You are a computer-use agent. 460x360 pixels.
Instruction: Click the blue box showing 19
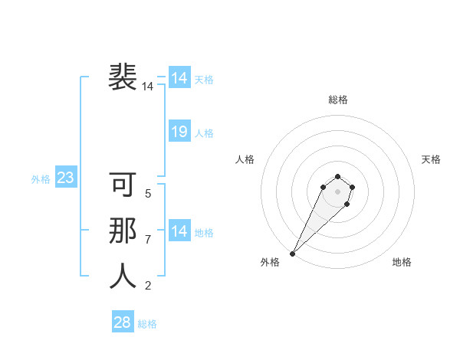tap(179, 132)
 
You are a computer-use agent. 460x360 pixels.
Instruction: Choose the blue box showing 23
tap(65, 178)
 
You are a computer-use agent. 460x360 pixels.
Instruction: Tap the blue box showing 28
tap(122, 322)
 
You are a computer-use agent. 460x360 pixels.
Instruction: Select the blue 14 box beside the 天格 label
tap(179, 78)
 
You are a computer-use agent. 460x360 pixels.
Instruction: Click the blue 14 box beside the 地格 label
tap(179, 231)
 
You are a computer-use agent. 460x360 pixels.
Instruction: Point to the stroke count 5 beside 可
tap(148, 194)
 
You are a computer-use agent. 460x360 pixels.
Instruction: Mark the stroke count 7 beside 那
tap(148, 240)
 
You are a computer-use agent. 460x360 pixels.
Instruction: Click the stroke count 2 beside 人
tap(148, 286)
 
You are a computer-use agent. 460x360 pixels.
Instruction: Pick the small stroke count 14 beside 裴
tap(147, 87)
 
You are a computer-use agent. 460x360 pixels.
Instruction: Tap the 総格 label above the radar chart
tap(338, 100)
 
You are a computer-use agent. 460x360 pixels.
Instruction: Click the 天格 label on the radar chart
tap(431, 159)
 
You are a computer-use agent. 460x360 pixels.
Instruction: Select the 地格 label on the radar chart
tap(402, 262)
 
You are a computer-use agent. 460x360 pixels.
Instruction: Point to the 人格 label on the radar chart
tap(245, 159)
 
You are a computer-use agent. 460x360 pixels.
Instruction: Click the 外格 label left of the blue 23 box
tap(41, 179)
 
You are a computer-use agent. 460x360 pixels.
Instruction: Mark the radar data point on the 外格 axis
tap(293, 253)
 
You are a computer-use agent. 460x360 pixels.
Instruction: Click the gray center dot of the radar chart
tap(337, 191)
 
